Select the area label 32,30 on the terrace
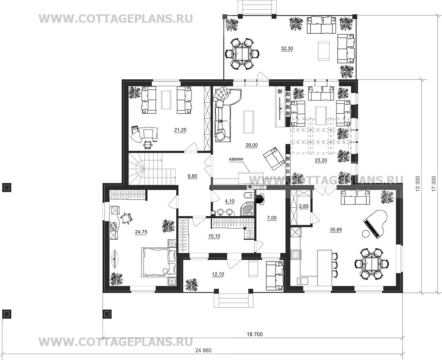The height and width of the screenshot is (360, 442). (x=287, y=48)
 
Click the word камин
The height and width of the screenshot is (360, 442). (x=236, y=159)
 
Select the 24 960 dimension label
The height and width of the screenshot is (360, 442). (x=203, y=350)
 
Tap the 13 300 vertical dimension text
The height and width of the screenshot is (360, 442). (x=418, y=183)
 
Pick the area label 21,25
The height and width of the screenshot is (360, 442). (x=180, y=130)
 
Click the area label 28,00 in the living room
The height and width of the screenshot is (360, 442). (x=252, y=145)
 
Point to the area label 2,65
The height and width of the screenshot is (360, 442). (x=303, y=206)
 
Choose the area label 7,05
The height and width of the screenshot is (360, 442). (x=272, y=218)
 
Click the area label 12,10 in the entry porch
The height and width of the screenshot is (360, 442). (x=218, y=274)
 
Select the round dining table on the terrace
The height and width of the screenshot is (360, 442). (x=242, y=54)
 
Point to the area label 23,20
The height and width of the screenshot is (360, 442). (x=321, y=160)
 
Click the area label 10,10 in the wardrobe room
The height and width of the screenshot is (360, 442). (x=214, y=236)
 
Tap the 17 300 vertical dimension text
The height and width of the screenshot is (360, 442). (x=434, y=183)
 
